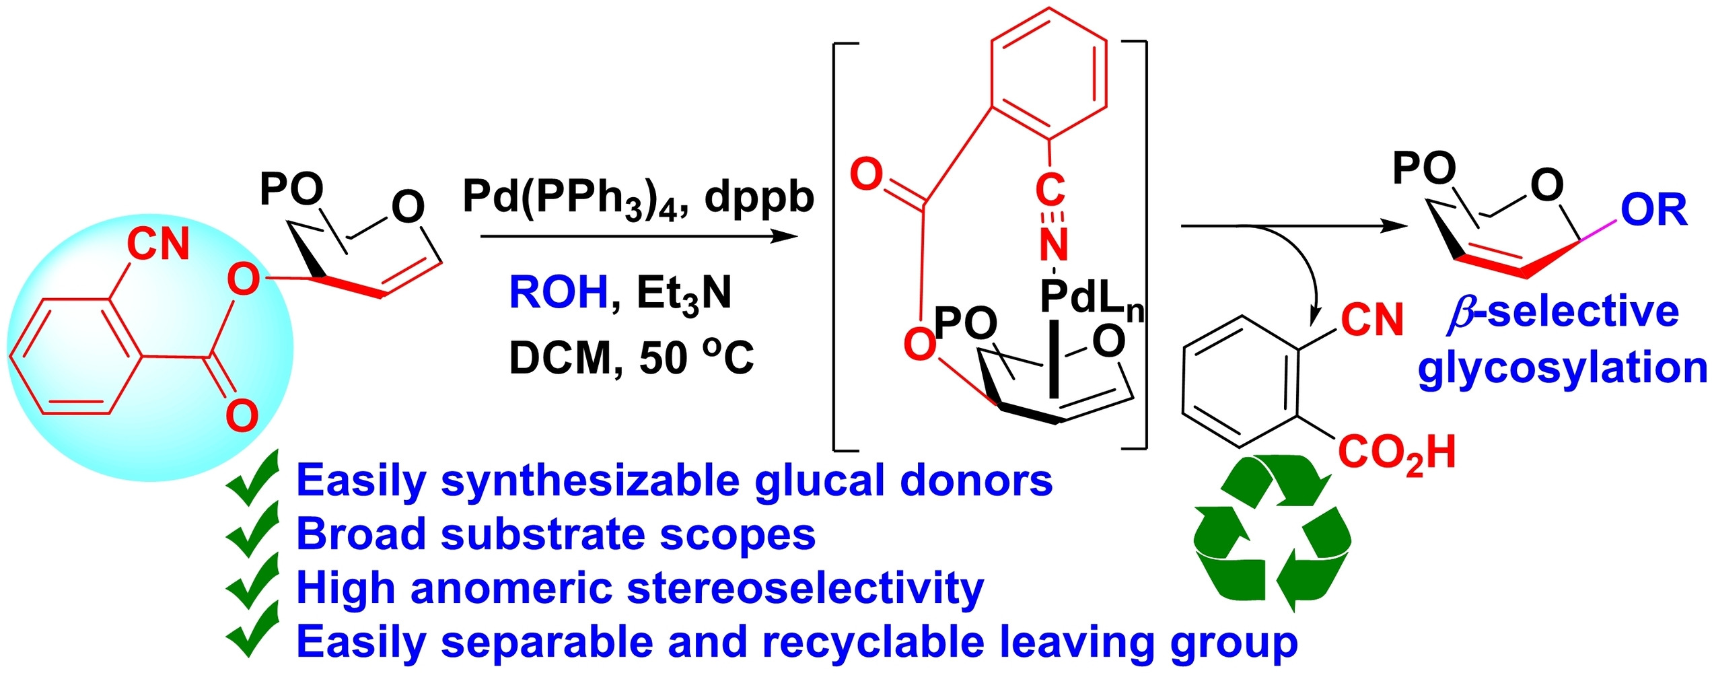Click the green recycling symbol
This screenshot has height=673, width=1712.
tap(1271, 532)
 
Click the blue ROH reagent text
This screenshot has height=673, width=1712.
tap(558, 293)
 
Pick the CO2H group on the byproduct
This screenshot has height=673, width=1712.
tap(1397, 453)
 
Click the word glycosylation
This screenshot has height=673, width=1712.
tap(1561, 369)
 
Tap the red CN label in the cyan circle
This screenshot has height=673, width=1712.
tap(158, 244)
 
